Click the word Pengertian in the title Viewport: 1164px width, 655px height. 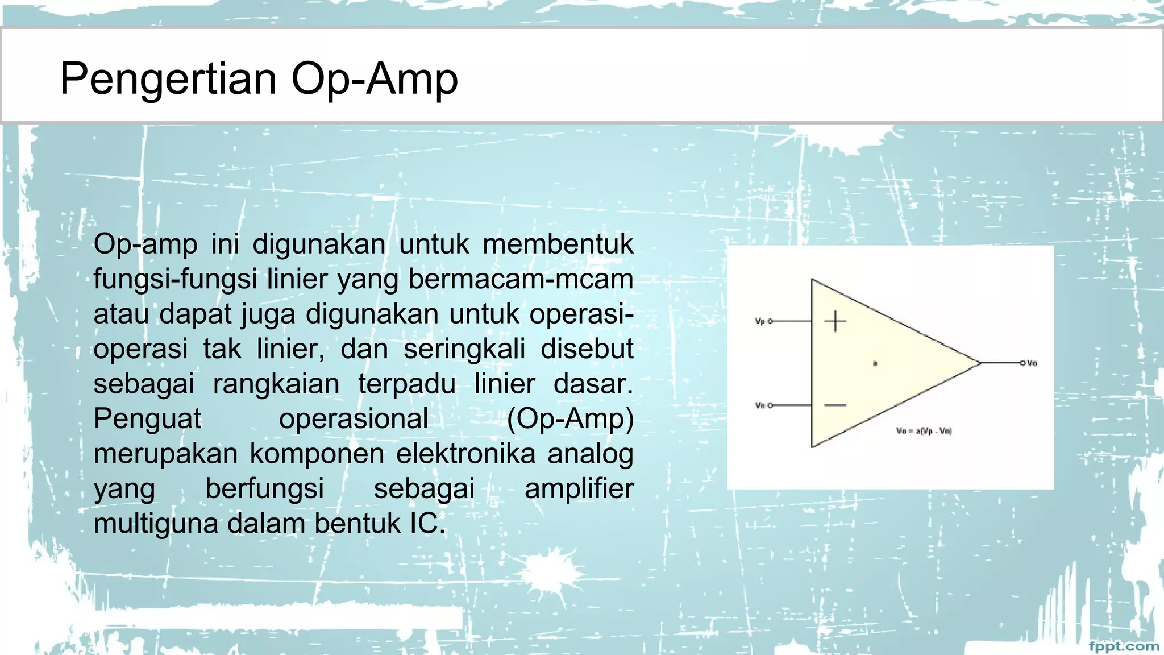[x=168, y=78]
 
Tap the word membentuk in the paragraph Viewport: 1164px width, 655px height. [x=558, y=244]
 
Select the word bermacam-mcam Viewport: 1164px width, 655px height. [x=521, y=279]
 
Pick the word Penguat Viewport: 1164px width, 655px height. [x=147, y=419]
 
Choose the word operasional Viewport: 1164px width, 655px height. [x=354, y=419]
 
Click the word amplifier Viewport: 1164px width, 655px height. [x=579, y=489]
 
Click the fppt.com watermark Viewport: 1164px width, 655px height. [x=1124, y=646]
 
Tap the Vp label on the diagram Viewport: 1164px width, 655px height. [x=760, y=321]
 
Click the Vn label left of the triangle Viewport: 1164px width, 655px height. [x=760, y=405]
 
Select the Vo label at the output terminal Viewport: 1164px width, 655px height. [x=1032, y=363]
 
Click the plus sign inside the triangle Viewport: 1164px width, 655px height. [x=835, y=322]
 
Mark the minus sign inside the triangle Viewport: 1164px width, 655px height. [x=835, y=405]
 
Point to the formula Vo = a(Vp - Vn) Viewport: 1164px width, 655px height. [x=924, y=431]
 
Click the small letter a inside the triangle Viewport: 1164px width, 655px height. [x=875, y=363]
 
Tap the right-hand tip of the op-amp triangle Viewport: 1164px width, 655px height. [x=980, y=362]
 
